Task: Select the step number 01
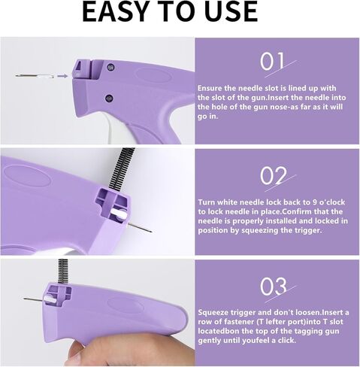[x=272, y=62]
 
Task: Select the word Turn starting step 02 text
[x=208, y=202]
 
